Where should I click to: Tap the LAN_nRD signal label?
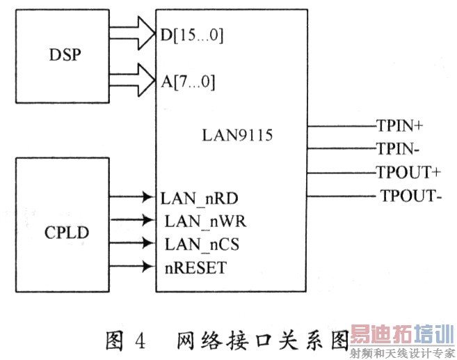click(x=198, y=198)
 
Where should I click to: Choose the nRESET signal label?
click(x=195, y=267)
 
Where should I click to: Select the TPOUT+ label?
click(x=406, y=172)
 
